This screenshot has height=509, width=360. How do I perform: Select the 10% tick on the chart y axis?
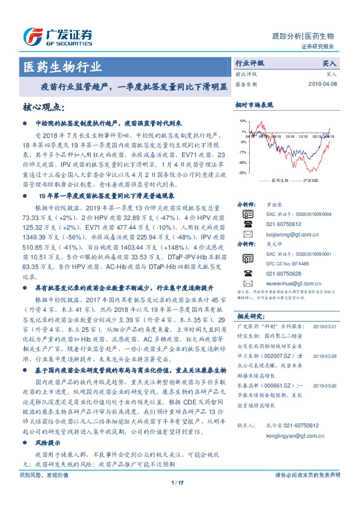243,122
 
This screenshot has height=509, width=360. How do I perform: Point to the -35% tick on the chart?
242,173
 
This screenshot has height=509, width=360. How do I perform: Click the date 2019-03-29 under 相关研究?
326,357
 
